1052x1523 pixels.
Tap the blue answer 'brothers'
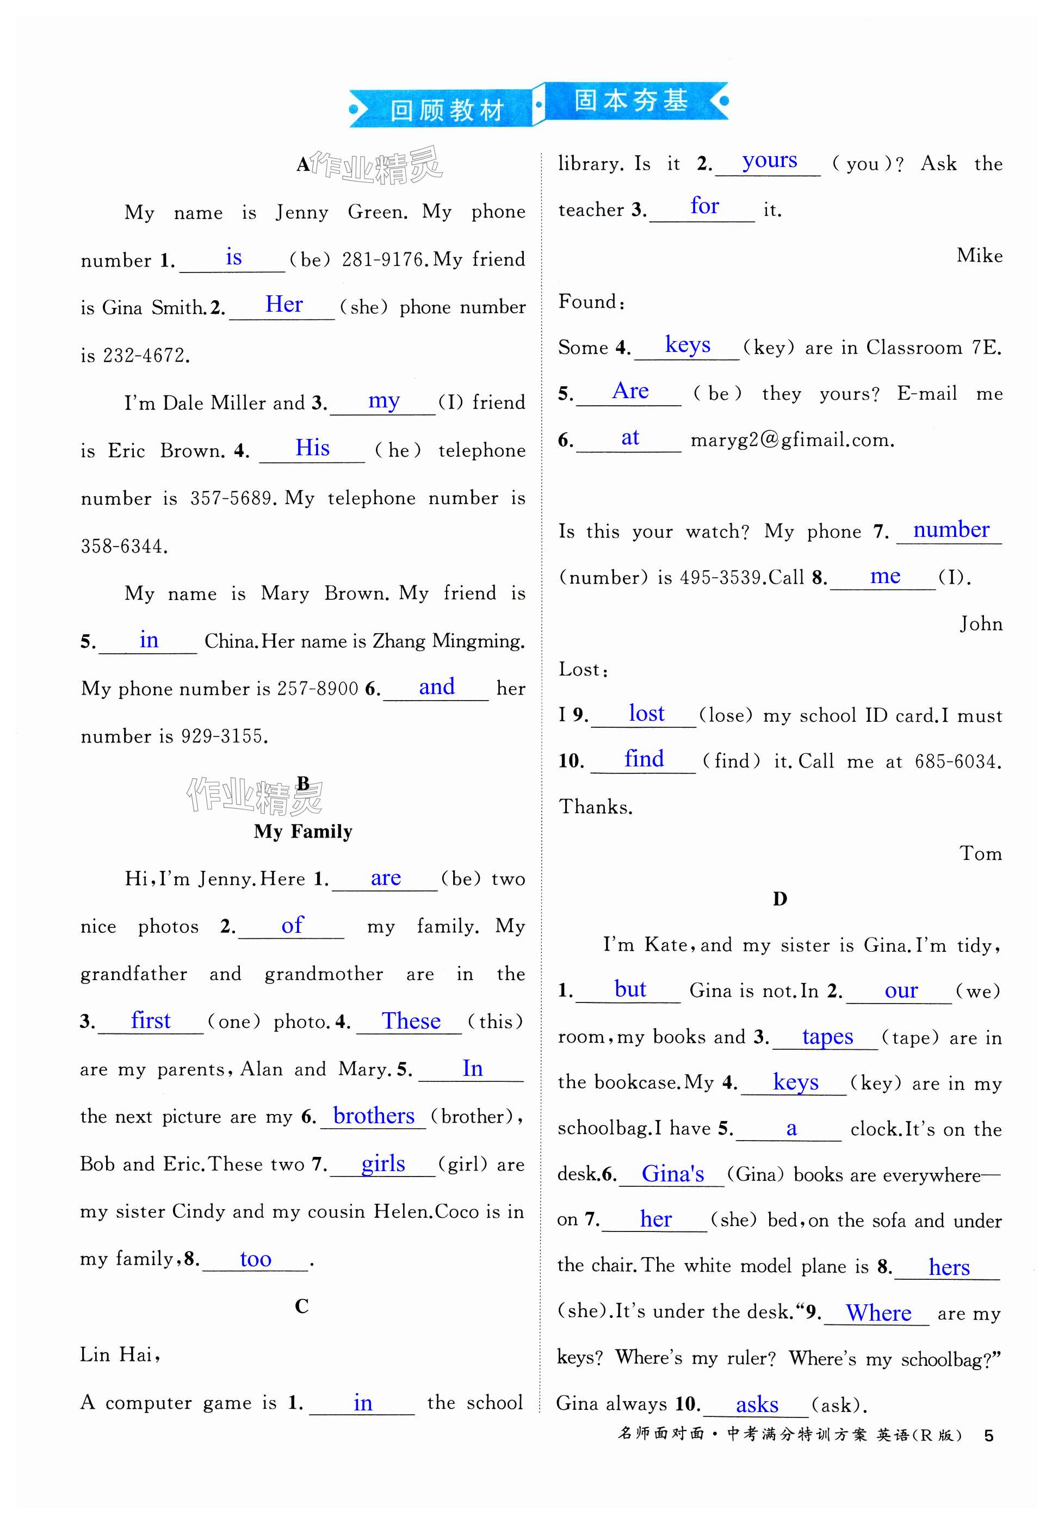374,1115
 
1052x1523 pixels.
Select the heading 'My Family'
303,832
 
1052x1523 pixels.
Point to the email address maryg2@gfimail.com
793,439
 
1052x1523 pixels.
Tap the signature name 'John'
980,623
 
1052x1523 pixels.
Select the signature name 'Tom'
980,853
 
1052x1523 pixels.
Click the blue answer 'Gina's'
672,1174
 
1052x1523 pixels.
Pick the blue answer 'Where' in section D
878,1313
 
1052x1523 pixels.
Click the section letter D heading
780,899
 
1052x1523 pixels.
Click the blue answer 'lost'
646,713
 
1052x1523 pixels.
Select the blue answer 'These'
411,1020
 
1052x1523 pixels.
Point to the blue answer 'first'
150,1020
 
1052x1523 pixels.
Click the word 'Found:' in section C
591,302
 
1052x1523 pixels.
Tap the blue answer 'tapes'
827,1036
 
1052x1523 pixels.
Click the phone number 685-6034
957,762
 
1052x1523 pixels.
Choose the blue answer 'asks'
757,1404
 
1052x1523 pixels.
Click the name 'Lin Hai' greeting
119,1355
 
